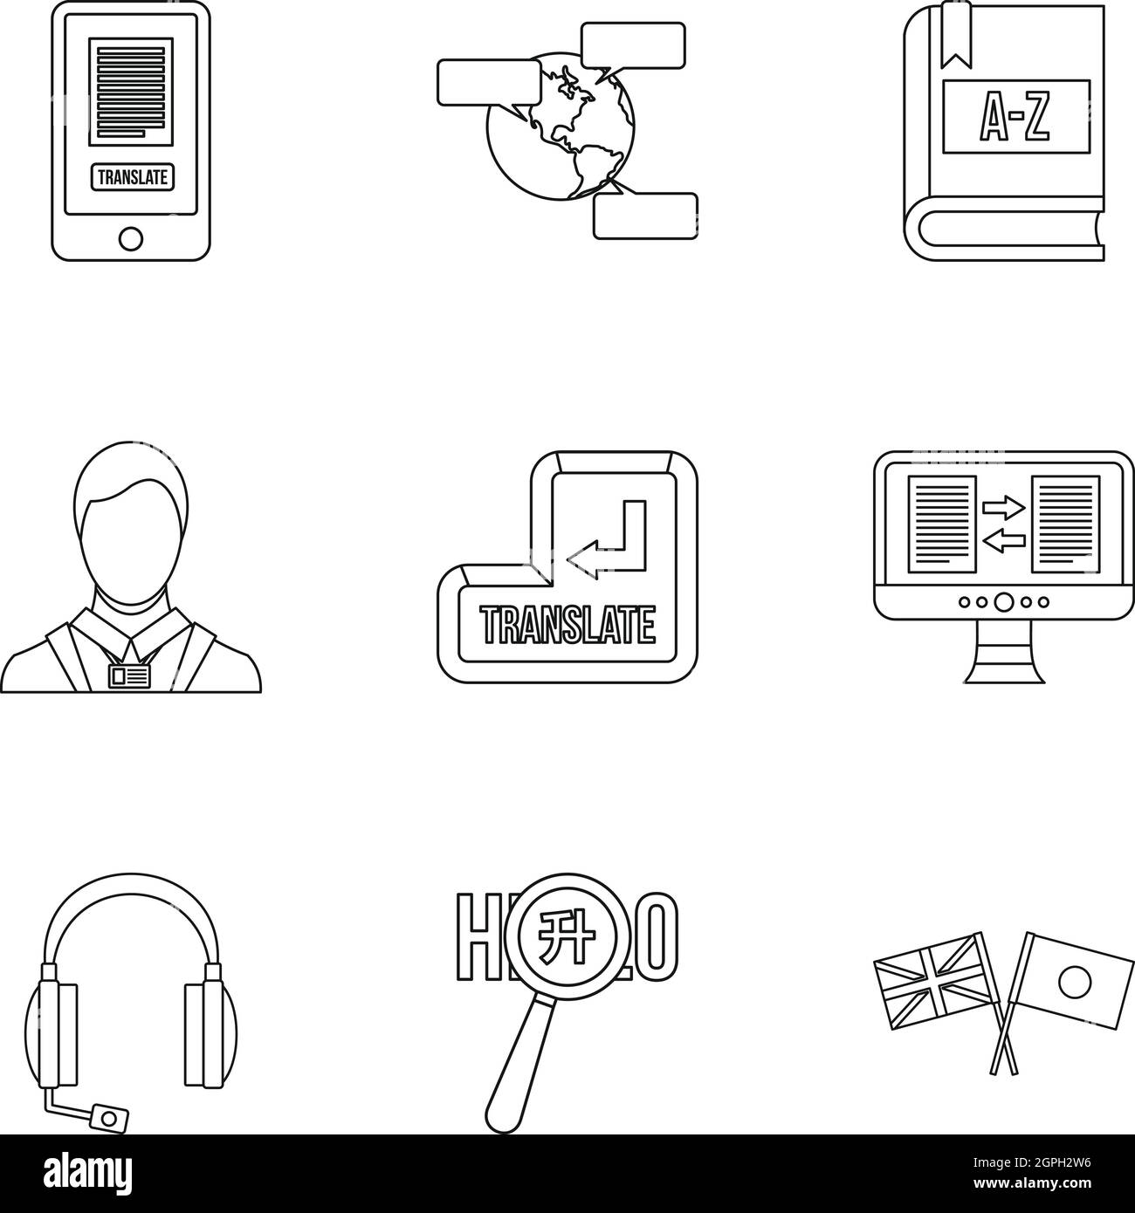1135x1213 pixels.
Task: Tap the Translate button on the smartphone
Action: click(131, 176)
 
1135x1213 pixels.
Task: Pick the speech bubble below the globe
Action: click(645, 216)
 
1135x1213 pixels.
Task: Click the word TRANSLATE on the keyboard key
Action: click(568, 625)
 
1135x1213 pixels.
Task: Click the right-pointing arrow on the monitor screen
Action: click(1002, 504)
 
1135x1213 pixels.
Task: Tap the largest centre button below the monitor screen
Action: click(1004, 601)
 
